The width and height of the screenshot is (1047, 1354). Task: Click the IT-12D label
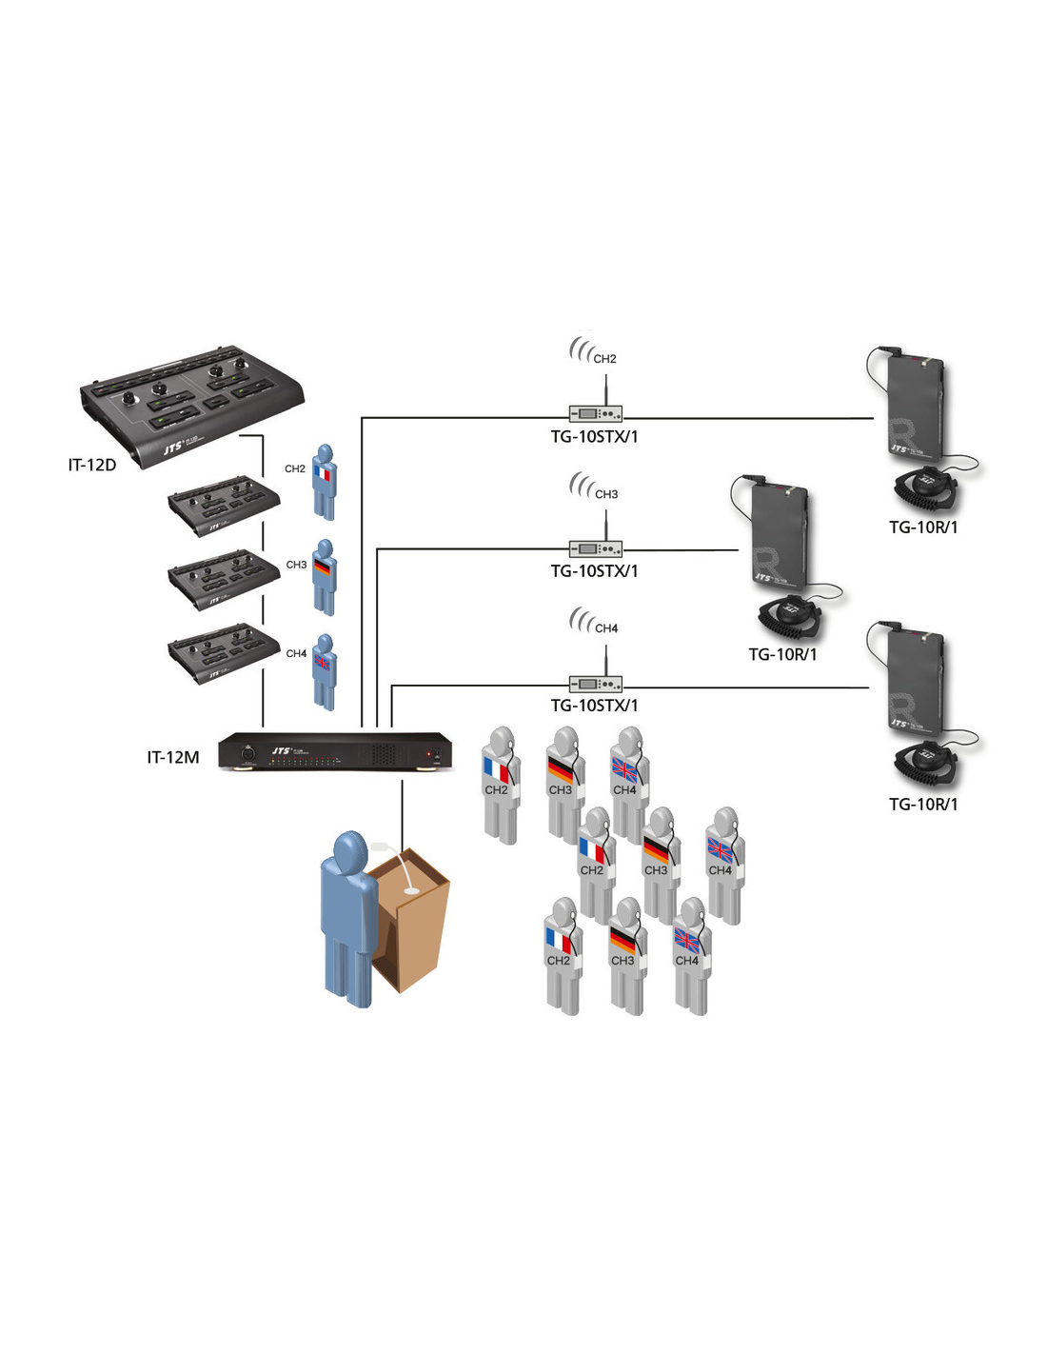92,466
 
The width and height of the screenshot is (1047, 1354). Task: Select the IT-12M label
173,758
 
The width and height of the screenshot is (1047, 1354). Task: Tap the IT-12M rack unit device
335,751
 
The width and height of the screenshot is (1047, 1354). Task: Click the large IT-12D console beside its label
190,405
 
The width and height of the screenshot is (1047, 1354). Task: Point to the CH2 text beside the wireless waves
604,359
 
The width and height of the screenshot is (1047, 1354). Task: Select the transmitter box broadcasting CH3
596,549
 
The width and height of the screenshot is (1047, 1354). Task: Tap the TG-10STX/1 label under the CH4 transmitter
594,706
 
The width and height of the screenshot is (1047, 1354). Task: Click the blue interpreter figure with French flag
325,483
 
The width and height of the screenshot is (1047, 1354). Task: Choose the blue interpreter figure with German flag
325,578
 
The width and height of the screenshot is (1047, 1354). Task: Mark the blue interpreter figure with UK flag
325,673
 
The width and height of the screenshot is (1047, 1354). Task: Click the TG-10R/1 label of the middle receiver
782,654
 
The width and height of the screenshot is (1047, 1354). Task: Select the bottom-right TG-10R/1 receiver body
916,687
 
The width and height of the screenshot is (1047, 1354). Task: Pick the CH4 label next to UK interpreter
296,654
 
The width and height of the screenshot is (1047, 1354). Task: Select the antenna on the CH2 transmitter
606,389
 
